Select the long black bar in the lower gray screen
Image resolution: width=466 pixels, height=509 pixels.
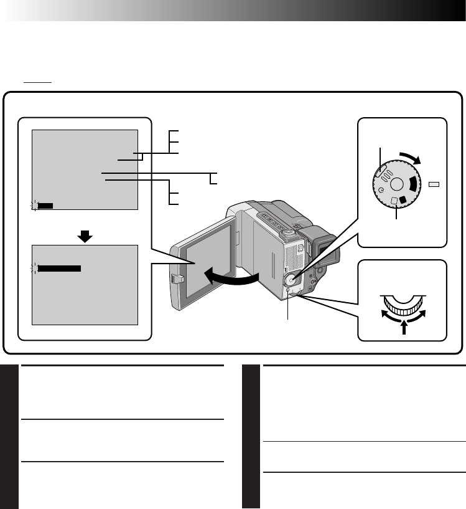(x=59, y=269)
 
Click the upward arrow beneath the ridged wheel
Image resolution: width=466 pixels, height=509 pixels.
(x=403, y=326)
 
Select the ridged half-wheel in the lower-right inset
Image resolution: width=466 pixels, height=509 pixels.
(x=403, y=305)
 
